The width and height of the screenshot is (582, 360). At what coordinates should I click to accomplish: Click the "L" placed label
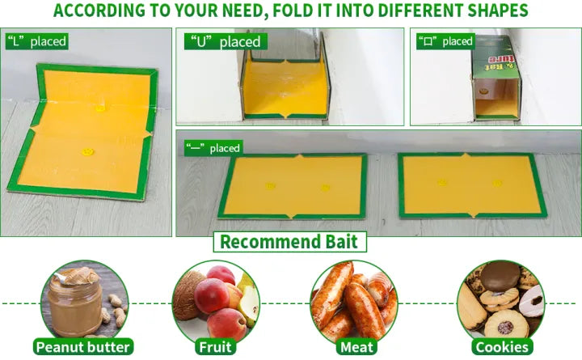point(36,41)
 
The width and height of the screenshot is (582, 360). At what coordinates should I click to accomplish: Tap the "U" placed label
point(226,41)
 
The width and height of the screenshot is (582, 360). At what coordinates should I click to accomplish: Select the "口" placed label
point(445,41)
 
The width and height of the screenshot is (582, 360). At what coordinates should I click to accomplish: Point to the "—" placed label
point(213,148)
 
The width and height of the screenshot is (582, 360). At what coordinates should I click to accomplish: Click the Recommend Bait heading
point(289,242)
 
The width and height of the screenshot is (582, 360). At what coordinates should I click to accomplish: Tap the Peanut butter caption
point(83,347)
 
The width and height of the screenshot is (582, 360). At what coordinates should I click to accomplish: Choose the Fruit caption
point(215,347)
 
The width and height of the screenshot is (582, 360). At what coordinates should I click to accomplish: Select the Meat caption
point(356,347)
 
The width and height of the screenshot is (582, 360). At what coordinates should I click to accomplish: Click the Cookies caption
point(502,347)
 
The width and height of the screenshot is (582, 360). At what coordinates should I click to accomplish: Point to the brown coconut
point(187,295)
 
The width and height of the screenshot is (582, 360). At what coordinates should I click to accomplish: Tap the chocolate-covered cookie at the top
point(500,277)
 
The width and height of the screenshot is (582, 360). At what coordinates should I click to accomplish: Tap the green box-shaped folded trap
point(496,78)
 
